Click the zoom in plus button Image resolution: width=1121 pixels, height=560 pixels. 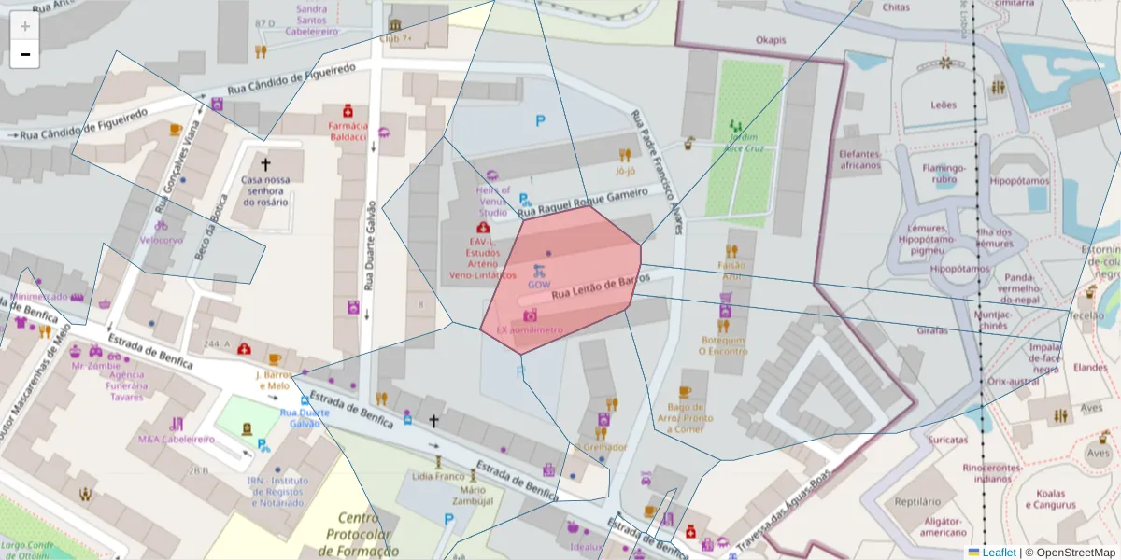24,26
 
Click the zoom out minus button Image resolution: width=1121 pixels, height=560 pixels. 24,54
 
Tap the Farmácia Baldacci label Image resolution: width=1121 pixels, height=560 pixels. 348,131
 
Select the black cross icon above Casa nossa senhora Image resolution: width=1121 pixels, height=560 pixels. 265,162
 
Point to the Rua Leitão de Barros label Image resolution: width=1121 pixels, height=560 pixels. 600,287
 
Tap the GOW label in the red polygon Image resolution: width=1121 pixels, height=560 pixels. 539,284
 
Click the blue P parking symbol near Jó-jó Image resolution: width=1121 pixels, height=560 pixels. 540,120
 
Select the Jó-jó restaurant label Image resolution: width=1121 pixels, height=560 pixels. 625,172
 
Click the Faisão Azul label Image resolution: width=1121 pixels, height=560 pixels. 731,271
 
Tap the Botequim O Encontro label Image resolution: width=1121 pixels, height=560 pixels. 723,345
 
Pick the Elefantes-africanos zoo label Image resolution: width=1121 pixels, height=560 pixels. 859,160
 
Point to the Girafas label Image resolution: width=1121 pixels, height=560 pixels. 932,331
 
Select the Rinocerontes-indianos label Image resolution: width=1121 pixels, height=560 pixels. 986,473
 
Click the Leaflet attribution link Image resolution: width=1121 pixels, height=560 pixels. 998,552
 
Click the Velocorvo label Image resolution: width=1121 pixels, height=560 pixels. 162,239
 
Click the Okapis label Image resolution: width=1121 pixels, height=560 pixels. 771,40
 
